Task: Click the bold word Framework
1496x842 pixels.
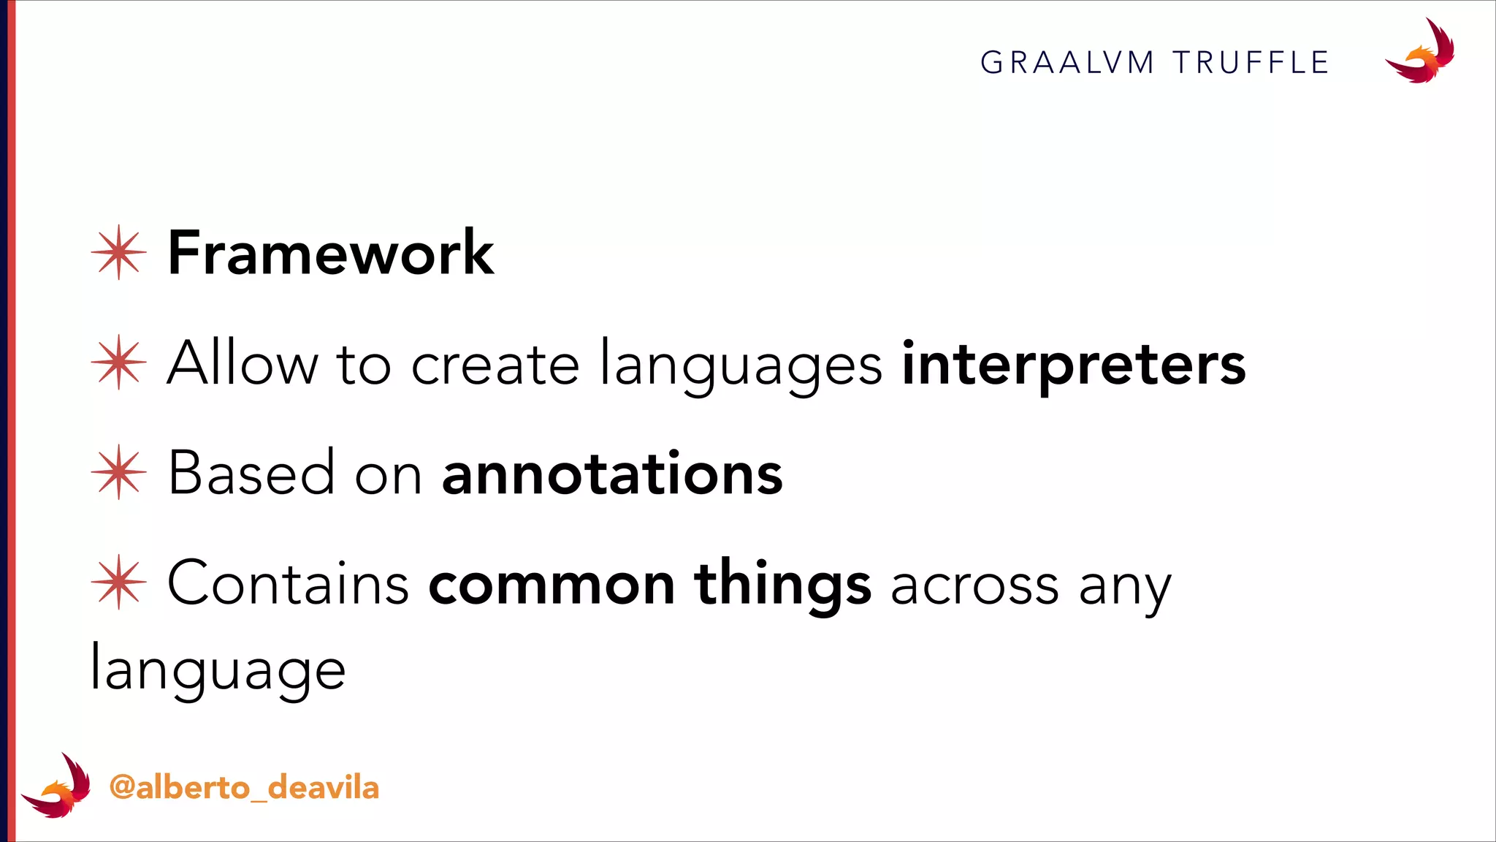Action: coord(330,253)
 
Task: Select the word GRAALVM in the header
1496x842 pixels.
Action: coord(1067,63)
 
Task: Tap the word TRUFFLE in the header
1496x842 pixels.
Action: coord(1251,63)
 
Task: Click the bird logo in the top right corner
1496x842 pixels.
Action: coord(1421,52)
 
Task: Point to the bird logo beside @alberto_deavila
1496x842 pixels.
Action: coord(57,786)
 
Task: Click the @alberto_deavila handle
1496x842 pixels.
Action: coord(244,788)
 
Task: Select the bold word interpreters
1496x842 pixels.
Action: coord(1074,364)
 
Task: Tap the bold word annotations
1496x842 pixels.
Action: coord(612,474)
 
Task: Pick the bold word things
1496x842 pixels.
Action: coord(782,585)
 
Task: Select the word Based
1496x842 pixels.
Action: coord(251,473)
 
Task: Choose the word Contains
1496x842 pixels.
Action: coord(288,583)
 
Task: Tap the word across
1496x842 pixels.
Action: coord(974,585)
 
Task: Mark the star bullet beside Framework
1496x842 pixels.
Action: coord(119,252)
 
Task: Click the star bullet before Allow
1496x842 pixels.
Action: coord(119,362)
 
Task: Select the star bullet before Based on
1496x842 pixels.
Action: coord(119,472)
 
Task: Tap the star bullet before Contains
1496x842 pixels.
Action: coord(119,582)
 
